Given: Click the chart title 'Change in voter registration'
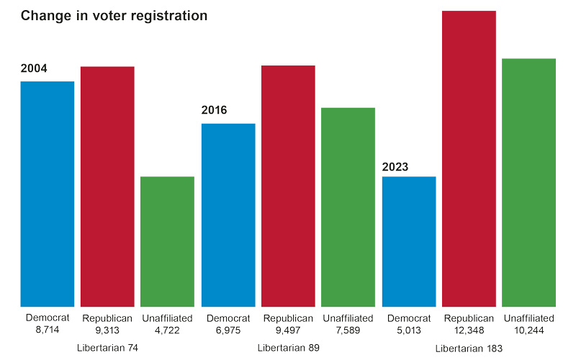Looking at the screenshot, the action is [x=114, y=16].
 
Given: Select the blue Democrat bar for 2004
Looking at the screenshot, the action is [x=48, y=194].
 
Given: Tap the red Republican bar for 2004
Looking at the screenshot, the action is [x=107, y=186].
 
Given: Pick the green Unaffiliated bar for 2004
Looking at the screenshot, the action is [x=167, y=242].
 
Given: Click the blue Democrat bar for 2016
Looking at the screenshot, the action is [x=228, y=215].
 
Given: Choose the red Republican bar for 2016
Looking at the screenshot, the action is [x=288, y=186].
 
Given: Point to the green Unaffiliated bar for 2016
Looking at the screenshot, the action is [x=348, y=207].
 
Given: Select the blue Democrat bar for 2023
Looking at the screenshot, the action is [x=409, y=242].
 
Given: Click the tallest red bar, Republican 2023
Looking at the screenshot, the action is [x=469, y=158].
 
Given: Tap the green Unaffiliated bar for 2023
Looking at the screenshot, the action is [x=528, y=183].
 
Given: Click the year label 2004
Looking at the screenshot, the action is [x=34, y=68].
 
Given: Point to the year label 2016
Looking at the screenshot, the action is [x=214, y=110].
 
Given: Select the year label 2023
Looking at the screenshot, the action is [x=395, y=167].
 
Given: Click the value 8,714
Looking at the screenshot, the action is [x=48, y=330].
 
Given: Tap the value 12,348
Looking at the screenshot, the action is [x=469, y=330].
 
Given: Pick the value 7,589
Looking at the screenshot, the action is [x=348, y=330].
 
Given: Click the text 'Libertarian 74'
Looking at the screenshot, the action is [x=107, y=348].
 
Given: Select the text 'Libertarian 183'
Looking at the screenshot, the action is [x=469, y=348].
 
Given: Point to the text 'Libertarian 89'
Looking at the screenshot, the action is [x=289, y=348].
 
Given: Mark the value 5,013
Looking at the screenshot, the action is [x=409, y=330].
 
